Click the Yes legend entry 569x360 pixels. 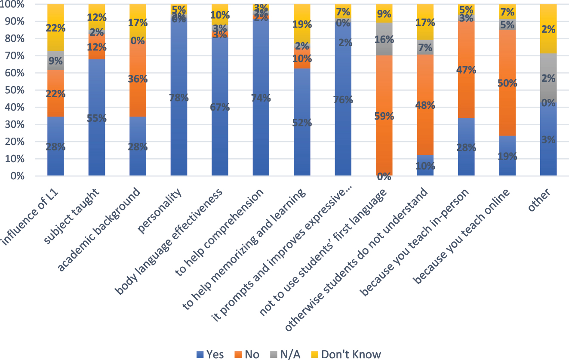pyautogui.click(x=209, y=354)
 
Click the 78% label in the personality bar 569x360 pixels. pyautogui.click(x=179, y=98)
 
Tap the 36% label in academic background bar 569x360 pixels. pyautogui.click(x=138, y=79)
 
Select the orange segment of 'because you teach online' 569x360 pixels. pyautogui.click(x=507, y=82)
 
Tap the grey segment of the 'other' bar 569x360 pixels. pyautogui.click(x=548, y=77)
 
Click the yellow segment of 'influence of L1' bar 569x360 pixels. pyautogui.click(x=56, y=17)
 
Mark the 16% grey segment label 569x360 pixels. pyautogui.click(x=384, y=40)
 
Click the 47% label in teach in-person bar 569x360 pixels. pyautogui.click(x=466, y=70)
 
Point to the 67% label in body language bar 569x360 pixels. pyautogui.click(x=220, y=107)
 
